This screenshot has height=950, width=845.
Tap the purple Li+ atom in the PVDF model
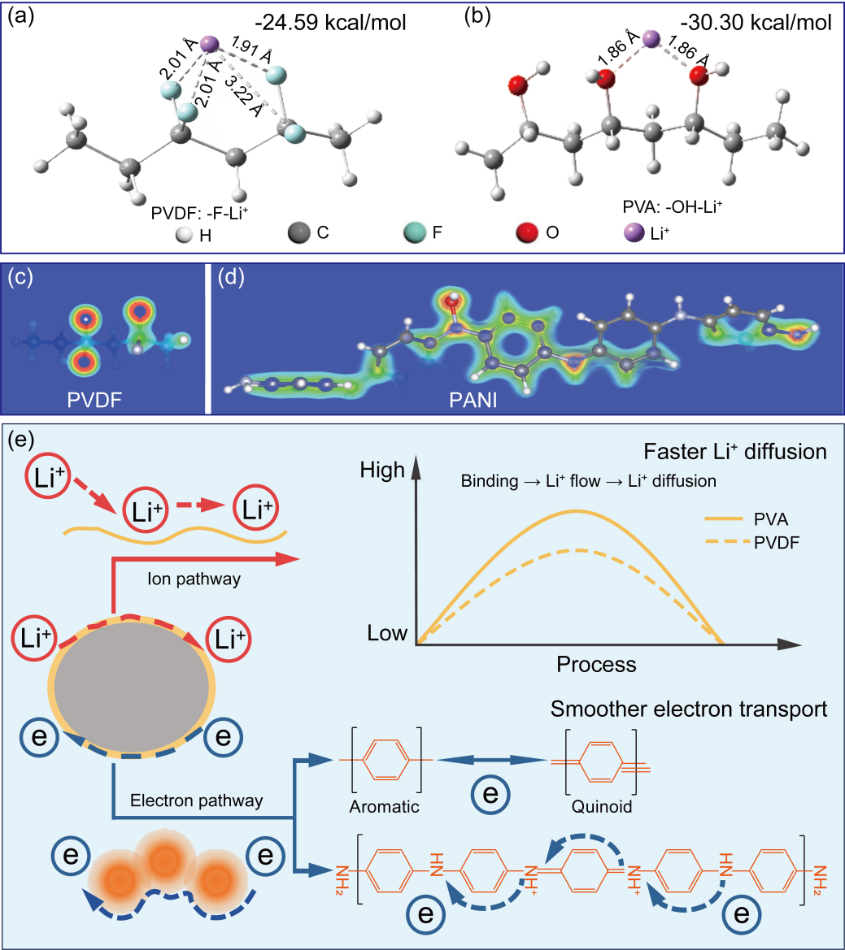210,42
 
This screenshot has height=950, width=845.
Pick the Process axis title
596,664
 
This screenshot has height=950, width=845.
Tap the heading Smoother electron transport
689,709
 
